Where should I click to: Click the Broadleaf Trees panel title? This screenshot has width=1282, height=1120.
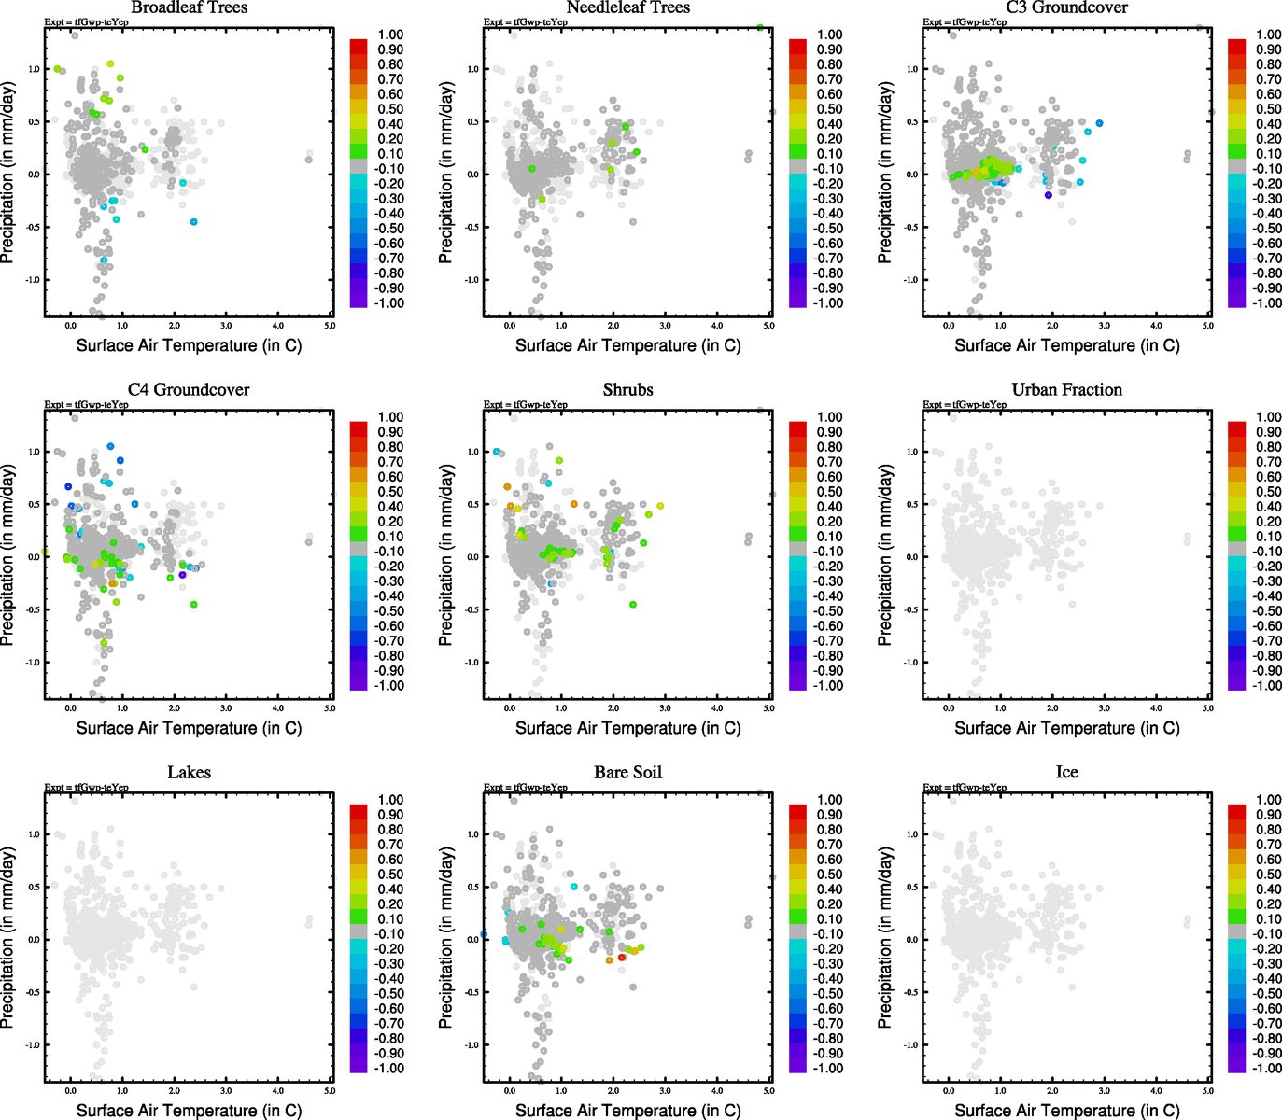click(x=189, y=7)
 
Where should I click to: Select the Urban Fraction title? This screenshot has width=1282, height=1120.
click(x=1066, y=389)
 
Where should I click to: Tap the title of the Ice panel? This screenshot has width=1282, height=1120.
click(x=1066, y=772)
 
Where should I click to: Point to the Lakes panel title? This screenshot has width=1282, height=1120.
click(x=189, y=772)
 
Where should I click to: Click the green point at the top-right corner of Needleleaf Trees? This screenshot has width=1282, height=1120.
click(x=761, y=28)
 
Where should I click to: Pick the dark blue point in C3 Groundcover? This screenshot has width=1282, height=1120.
click(x=1049, y=195)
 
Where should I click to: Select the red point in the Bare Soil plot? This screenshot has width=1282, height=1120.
click(x=622, y=958)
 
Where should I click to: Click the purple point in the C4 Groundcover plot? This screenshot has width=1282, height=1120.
click(x=183, y=574)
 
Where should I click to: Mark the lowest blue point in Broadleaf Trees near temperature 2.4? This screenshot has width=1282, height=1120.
click(x=194, y=222)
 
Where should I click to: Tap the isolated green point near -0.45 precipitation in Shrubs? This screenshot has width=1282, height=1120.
click(x=633, y=605)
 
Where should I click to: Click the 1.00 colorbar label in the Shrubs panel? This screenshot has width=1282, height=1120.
click(x=830, y=417)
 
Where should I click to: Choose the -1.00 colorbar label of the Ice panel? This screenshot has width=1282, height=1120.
click(x=1267, y=1068)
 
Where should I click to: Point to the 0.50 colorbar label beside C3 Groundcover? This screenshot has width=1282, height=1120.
click(x=1268, y=109)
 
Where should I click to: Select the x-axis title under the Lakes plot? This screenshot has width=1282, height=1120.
click(x=189, y=1110)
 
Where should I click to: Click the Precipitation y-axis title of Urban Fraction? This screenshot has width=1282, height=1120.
click(x=885, y=555)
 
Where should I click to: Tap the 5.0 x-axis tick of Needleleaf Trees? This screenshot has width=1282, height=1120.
click(x=768, y=326)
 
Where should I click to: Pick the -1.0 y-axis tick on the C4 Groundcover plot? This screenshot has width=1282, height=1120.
click(x=33, y=663)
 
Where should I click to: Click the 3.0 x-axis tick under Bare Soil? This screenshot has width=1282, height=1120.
click(x=665, y=1091)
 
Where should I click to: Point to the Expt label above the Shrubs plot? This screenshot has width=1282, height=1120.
click(x=525, y=405)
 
